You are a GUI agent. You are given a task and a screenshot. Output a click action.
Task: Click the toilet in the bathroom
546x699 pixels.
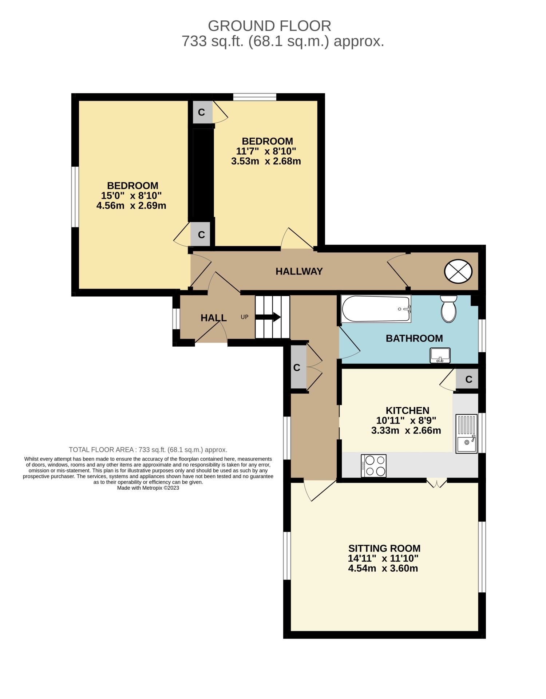coord(448,309)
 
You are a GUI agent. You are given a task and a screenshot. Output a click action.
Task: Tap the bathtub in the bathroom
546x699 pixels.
coord(376,309)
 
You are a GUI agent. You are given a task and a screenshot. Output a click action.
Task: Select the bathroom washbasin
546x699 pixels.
coord(440,355)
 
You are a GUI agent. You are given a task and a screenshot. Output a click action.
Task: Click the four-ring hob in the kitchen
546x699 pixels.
coord(373,466)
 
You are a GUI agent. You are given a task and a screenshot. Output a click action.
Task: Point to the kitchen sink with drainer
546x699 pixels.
coord(466,434)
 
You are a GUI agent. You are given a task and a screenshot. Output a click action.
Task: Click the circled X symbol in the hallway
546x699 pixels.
coord(458,271)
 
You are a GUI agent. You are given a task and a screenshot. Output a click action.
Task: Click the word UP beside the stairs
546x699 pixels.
coord(245,317)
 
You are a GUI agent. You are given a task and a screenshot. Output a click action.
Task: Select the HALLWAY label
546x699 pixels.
coord(299,271)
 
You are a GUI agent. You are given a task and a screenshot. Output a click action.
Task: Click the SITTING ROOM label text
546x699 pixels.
coord(384,548)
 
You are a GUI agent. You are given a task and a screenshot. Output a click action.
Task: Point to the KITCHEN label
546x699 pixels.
coord(407,410)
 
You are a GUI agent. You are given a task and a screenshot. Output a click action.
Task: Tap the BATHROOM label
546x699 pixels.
coord(414,338)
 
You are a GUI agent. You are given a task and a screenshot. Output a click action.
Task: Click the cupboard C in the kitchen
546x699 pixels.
coord(468,379)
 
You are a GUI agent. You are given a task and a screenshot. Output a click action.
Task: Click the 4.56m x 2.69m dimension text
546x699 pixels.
coord(131,205)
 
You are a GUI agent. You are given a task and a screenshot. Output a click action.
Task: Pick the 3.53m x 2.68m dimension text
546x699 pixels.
coord(266,161)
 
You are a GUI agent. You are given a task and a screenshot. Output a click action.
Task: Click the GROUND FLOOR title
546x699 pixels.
coord(270,26)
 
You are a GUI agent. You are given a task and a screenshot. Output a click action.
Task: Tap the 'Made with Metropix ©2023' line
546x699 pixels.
coord(148,488)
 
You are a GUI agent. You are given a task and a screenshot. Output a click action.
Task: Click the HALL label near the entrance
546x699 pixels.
coord(214,318)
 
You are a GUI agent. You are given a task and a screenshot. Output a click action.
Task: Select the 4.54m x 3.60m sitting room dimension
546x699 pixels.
coord(383,568)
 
